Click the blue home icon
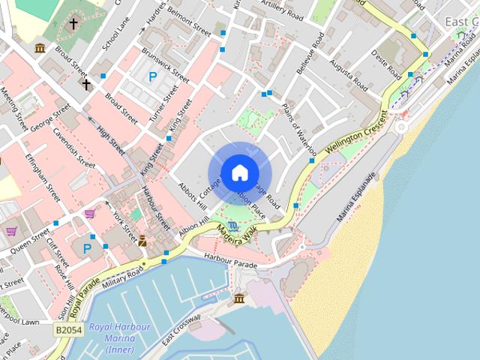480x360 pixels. [x=239, y=172]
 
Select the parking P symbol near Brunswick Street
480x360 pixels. [x=153, y=76]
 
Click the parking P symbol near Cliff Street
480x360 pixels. [x=88, y=247]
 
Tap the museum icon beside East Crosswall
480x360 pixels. [x=239, y=299]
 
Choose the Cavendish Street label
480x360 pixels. [x=73, y=149]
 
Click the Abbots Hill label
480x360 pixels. [x=191, y=194]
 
